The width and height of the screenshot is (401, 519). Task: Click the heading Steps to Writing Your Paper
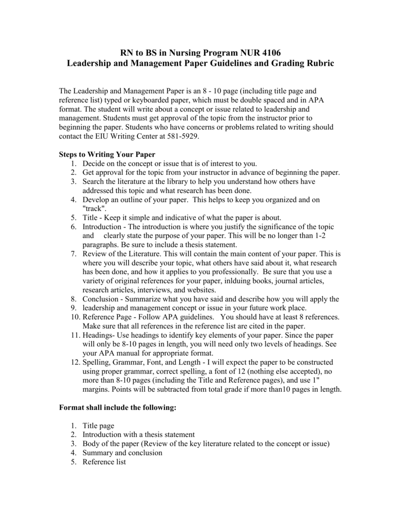[107, 154]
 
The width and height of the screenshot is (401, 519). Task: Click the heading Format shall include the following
[118, 407]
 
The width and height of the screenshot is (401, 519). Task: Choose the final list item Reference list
[104, 462]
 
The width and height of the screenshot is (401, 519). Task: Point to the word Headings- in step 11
[99, 335]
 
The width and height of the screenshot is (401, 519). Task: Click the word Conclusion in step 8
[101, 299]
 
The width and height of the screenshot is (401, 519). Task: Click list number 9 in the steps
[74, 308]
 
